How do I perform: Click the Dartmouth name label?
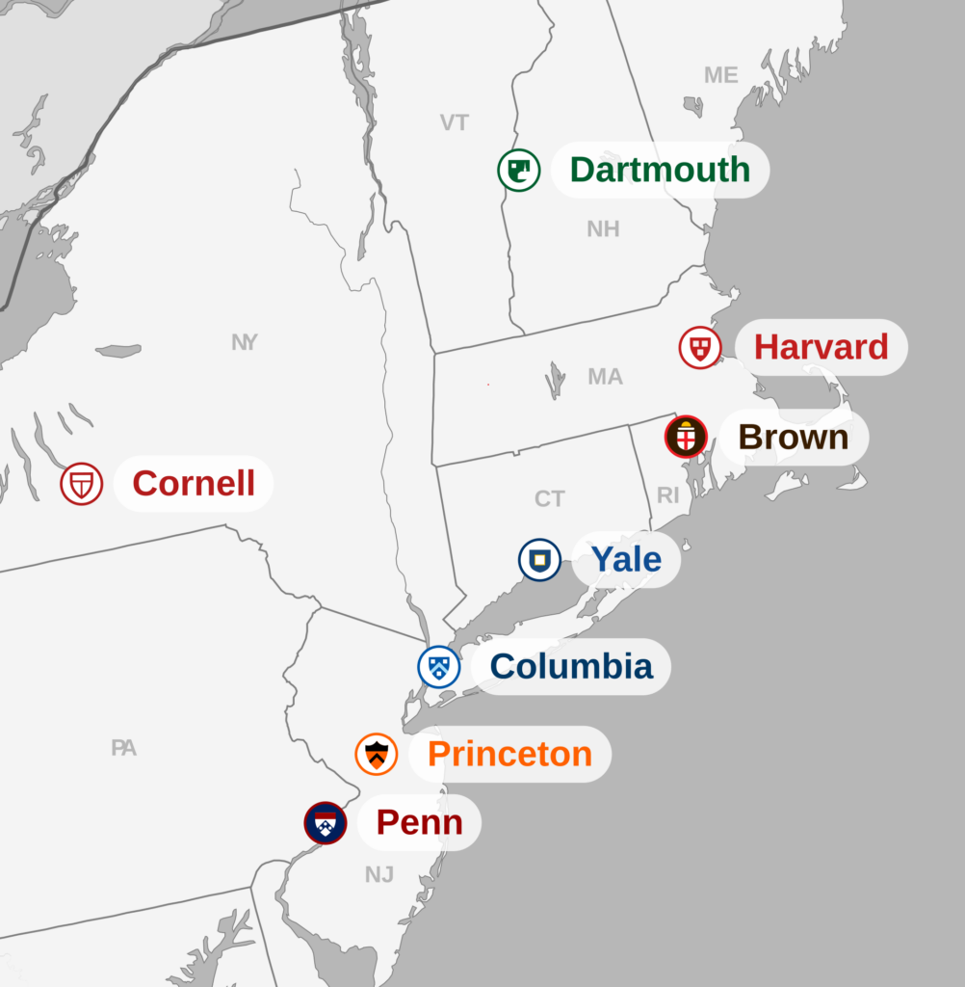pyautogui.click(x=660, y=170)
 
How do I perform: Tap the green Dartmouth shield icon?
pyautogui.click(x=518, y=171)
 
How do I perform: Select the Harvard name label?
pyautogui.click(x=821, y=347)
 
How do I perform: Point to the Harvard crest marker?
pyautogui.click(x=700, y=347)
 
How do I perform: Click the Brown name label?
pyautogui.click(x=794, y=438)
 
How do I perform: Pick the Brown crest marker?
pyautogui.click(x=686, y=438)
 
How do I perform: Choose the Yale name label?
pyautogui.click(x=626, y=559)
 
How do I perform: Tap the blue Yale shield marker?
pyautogui.click(x=539, y=560)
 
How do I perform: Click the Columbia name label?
pyautogui.click(x=571, y=666)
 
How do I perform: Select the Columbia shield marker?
pyautogui.click(x=439, y=667)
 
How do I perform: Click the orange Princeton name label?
pyautogui.click(x=509, y=754)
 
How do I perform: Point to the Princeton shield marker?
pyautogui.click(x=377, y=754)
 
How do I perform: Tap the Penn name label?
pyautogui.click(x=419, y=823)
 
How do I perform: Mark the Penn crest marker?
pyautogui.click(x=326, y=823)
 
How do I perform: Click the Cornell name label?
pyautogui.click(x=194, y=483)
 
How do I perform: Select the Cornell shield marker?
pyautogui.click(x=82, y=483)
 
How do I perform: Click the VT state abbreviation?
pyautogui.click(x=455, y=122)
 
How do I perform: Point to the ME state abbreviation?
pyautogui.click(x=720, y=75)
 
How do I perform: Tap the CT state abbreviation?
pyautogui.click(x=550, y=499)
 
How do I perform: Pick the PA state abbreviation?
pyautogui.click(x=123, y=747)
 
